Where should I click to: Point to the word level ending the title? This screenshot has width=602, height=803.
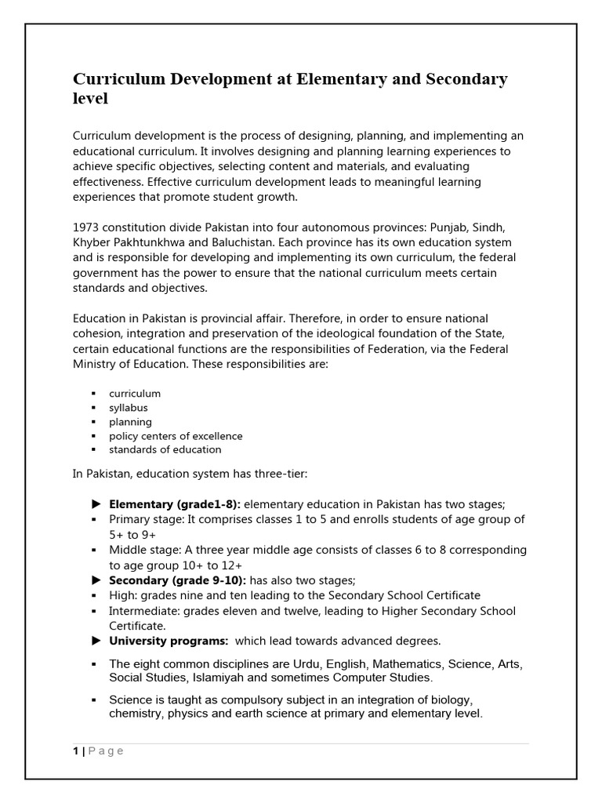click(x=90, y=99)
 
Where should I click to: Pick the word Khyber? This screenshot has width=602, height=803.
click(x=92, y=242)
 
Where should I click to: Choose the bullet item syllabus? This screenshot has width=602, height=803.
click(x=129, y=408)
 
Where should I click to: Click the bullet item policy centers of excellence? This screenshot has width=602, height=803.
click(x=176, y=436)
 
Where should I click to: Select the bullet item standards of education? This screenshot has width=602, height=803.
click(x=165, y=450)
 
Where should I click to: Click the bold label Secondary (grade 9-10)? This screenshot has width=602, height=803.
click(x=177, y=580)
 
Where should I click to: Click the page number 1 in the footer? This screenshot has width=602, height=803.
click(x=75, y=751)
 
